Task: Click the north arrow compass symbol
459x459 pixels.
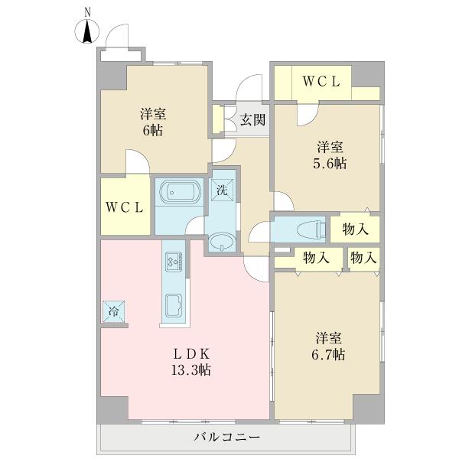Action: (x=88, y=30)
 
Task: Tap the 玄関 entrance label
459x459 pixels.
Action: (x=253, y=120)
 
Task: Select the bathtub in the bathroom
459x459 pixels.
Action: (x=178, y=193)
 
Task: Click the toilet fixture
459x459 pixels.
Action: (x=307, y=228)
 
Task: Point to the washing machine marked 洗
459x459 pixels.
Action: (x=222, y=191)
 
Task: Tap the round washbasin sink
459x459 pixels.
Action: (x=221, y=243)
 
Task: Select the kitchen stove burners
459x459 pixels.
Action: (x=173, y=262)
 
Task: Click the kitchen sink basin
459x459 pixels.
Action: (x=173, y=307)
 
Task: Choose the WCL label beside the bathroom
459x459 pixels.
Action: (x=124, y=207)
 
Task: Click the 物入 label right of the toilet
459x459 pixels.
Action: (x=356, y=229)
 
